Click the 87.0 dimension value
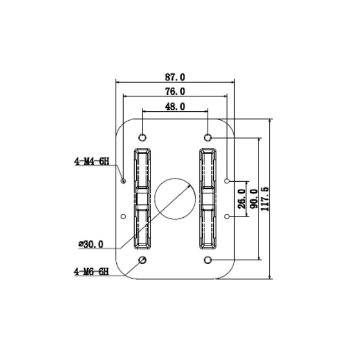pos(175,77)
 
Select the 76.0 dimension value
pos(175,91)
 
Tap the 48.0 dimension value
pos(175,106)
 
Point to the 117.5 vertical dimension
pos(265,199)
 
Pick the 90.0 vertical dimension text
pos(254,199)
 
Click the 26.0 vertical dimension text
pos(242,199)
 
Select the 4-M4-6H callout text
pos(91,161)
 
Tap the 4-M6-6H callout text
pos(91,271)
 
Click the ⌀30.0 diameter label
pos(91,244)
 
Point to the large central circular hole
pos(175,199)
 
